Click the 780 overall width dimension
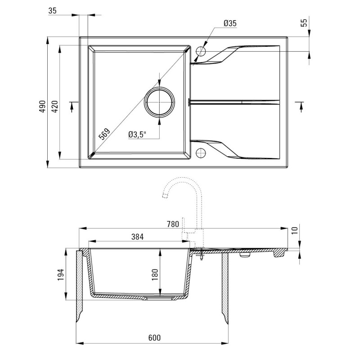pyautogui.click(x=173, y=224)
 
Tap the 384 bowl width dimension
pyautogui.click(x=137, y=237)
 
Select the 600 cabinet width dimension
pyautogui.click(x=154, y=338)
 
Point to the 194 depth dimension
pyautogui.click(x=61, y=274)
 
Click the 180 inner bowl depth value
pyautogui.click(x=155, y=274)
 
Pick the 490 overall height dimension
pyautogui.click(x=42, y=106)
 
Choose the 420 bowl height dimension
pyautogui.click(x=55, y=106)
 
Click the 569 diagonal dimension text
pyautogui.click(x=104, y=134)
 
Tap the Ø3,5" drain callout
pyautogui.click(x=137, y=135)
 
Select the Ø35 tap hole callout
pyautogui.click(x=230, y=23)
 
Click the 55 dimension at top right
pyautogui.click(x=304, y=23)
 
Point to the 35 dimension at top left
pyautogui.click(x=52, y=10)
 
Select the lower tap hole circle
pyautogui.click(x=201, y=153)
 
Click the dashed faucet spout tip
pyautogui.click(x=165, y=196)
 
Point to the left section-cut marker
pyautogui.click(x=72, y=106)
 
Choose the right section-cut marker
pyautogui.click(x=300, y=106)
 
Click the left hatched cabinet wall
pyautogui.click(x=80, y=287)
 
